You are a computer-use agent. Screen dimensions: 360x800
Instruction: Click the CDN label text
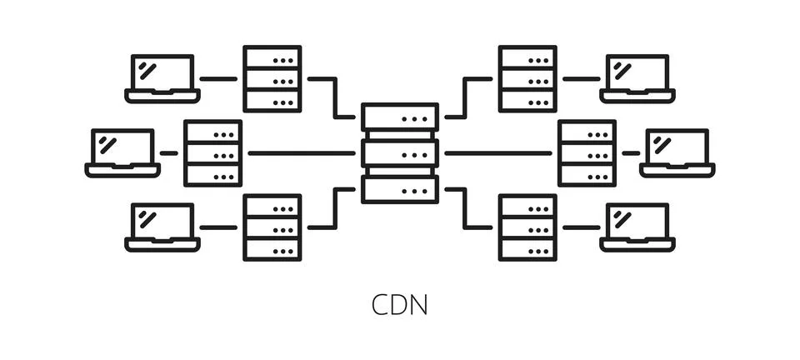(x=399, y=304)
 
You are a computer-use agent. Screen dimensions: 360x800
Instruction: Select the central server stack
(x=400, y=153)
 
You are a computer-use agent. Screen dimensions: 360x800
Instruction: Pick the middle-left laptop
(x=122, y=152)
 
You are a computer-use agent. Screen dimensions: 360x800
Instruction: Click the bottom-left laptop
(x=162, y=227)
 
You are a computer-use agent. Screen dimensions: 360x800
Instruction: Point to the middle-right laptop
(x=677, y=152)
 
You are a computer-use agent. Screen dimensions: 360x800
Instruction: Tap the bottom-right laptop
(x=637, y=227)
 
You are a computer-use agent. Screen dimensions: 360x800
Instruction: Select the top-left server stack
(x=272, y=78)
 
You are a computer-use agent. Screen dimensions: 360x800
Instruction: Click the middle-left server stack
(x=212, y=153)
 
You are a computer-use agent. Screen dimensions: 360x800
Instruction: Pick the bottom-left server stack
(x=272, y=227)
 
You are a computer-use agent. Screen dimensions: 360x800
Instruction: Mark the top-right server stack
(x=527, y=78)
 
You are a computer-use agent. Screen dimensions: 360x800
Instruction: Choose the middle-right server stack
(x=587, y=153)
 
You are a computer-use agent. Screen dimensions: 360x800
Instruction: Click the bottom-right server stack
(x=527, y=227)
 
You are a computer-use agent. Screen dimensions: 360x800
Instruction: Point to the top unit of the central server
(x=400, y=117)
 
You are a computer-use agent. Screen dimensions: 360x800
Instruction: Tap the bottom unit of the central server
(x=400, y=189)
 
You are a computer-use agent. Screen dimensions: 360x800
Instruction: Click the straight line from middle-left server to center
(x=301, y=153)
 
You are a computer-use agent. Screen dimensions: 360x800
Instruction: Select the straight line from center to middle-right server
(x=497, y=153)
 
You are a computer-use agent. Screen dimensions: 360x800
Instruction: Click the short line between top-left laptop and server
(x=218, y=79)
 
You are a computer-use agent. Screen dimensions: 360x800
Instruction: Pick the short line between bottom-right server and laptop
(x=581, y=227)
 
